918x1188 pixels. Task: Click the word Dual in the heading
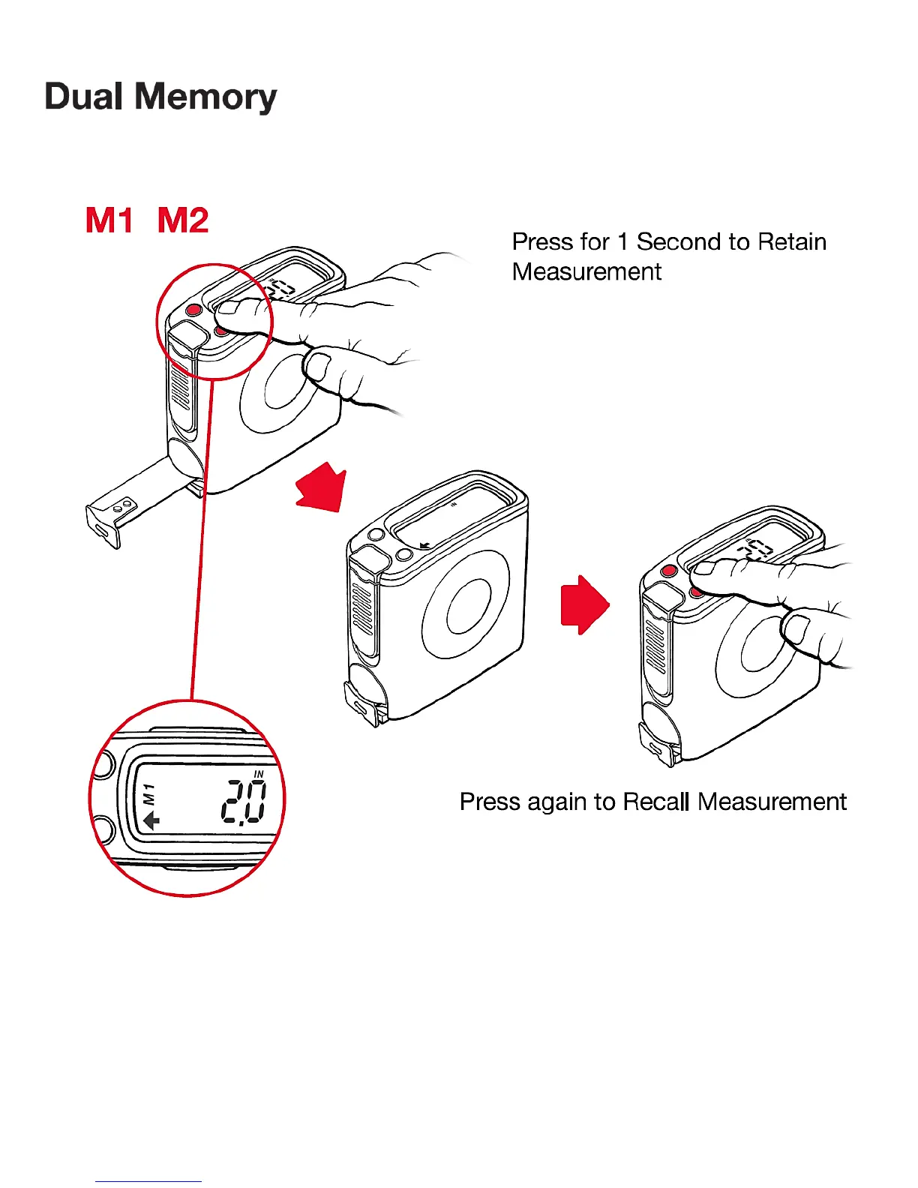pos(83,97)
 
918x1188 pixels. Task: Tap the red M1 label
pos(109,220)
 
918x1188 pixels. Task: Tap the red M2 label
pos(183,220)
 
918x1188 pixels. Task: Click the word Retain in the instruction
pos(792,242)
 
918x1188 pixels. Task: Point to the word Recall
pos(656,802)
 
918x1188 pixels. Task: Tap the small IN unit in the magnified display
pos(259,774)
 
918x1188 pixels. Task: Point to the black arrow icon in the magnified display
pos(151,820)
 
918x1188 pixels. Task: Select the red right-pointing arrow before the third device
pos(585,604)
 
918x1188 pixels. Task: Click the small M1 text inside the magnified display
pos(149,793)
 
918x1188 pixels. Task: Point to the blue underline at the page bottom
pos(148,1181)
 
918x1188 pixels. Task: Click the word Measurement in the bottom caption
pos(772,802)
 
